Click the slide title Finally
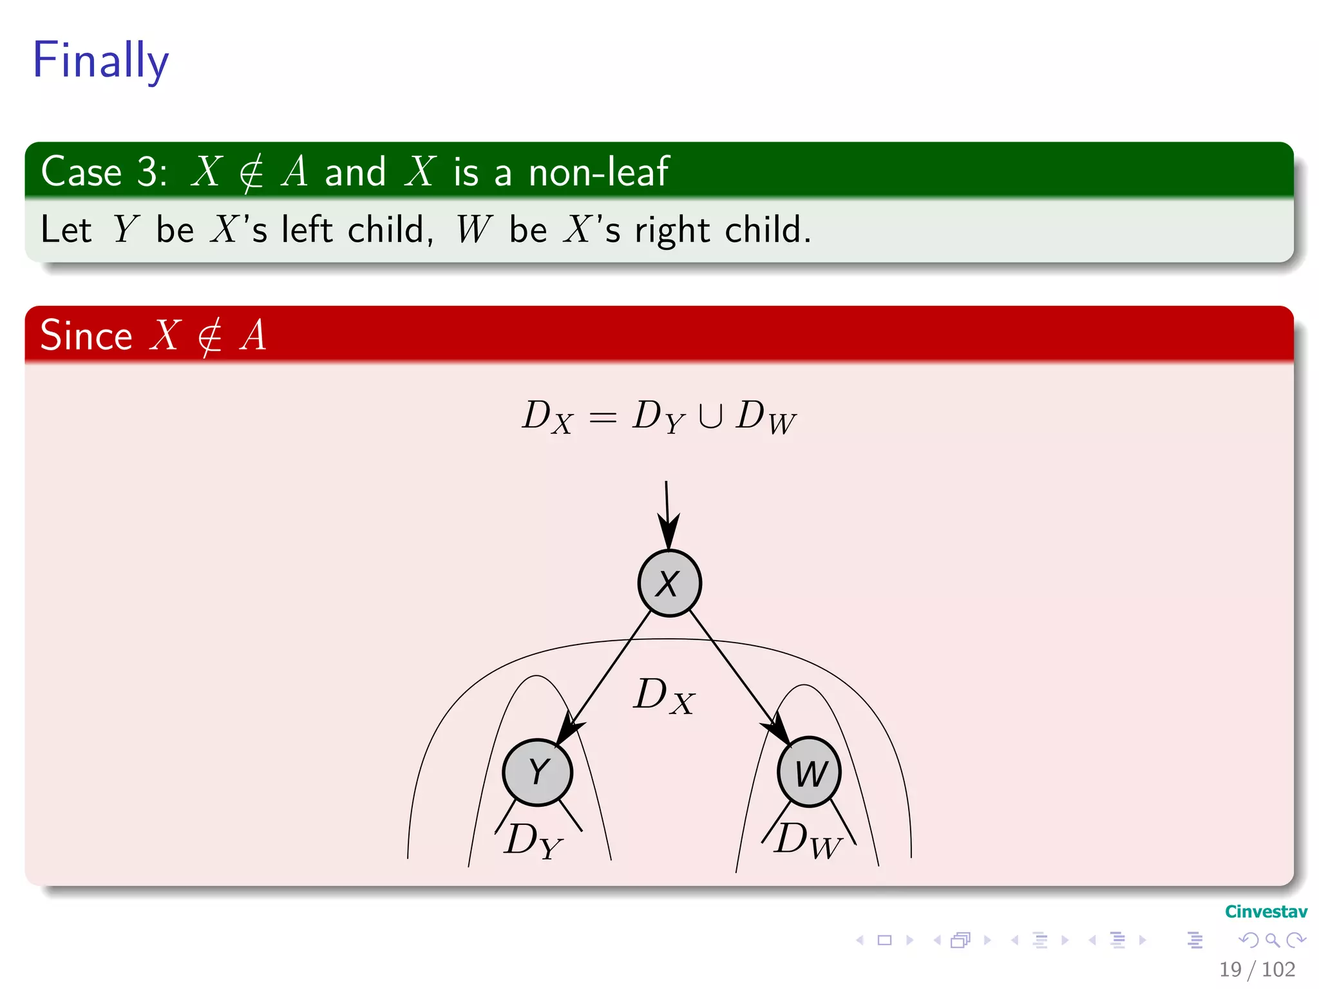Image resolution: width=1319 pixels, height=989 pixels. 100,60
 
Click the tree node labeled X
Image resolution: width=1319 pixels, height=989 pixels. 669,583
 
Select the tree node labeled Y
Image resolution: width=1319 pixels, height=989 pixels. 537,771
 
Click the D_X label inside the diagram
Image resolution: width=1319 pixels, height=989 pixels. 663,696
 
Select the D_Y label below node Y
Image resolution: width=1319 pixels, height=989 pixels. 533,840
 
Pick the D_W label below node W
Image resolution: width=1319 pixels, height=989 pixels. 808,840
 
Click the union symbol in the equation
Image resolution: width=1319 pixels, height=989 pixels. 710,416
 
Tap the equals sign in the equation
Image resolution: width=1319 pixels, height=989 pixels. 603,418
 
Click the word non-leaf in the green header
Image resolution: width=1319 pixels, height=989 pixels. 598,172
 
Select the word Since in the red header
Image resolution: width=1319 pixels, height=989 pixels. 86,336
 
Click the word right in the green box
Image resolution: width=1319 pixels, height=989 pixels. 672,230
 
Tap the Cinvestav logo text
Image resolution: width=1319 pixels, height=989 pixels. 1266,912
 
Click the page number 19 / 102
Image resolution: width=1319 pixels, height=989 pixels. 1257,969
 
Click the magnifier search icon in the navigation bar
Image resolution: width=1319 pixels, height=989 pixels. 1272,940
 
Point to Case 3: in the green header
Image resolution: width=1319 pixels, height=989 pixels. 104,172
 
